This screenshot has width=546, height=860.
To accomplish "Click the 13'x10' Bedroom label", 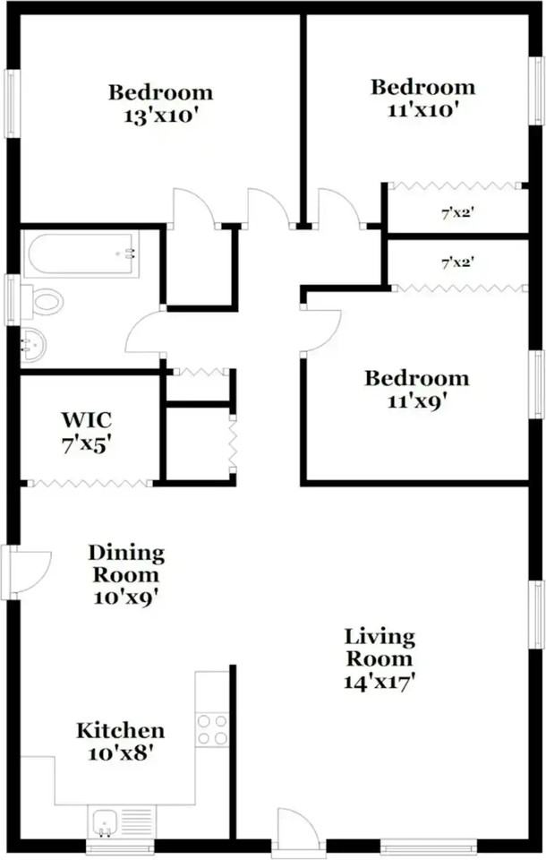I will (161, 104).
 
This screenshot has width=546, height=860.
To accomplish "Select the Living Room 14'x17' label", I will (380, 658).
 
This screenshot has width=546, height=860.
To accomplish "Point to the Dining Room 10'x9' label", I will (125, 575).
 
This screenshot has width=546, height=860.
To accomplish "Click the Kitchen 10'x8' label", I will (120, 742).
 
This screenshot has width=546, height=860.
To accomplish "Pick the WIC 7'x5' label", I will (86, 431).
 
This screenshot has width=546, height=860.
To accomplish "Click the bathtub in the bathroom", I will (81, 254).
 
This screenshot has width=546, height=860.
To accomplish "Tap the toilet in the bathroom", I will (43, 301).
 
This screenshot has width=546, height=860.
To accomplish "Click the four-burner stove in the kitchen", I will (212, 728).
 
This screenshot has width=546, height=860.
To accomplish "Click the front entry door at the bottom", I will (298, 830).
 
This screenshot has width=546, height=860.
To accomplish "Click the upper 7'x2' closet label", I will (457, 213).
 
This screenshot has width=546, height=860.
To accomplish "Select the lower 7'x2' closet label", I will (457, 263).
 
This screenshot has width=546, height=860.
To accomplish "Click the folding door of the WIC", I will (90, 484).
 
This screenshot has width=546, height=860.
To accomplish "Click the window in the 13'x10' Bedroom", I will (11, 103).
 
